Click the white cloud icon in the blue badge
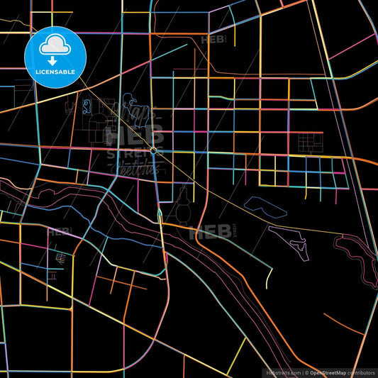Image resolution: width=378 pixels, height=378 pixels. pyautogui.click(x=55, y=46)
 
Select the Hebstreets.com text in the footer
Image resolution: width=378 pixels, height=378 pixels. pyautogui.click(x=282, y=372)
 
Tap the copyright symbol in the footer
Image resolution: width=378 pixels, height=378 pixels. pyautogui.click(x=306, y=372)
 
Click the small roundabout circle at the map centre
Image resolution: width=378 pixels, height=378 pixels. pyautogui.click(x=153, y=150)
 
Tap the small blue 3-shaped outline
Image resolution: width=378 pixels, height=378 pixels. pyautogui.click(x=87, y=108)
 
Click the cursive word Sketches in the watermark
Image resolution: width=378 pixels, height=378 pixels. pyautogui.click(x=135, y=167)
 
